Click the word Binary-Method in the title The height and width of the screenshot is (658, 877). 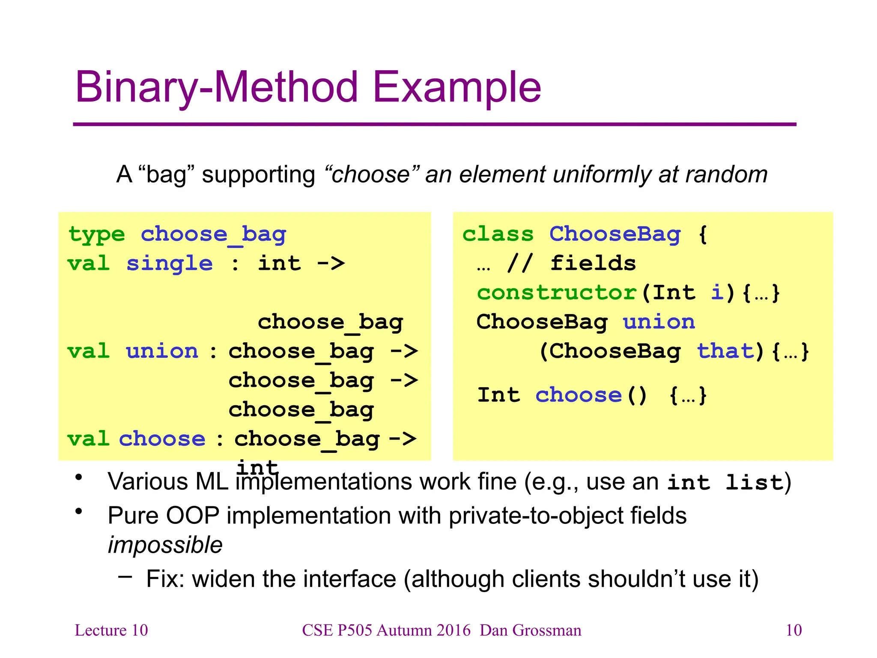coord(216,88)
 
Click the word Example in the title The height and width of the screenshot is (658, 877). coord(457,88)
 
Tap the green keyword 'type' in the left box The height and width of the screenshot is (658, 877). coord(97,235)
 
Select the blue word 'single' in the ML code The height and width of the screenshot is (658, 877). coord(170,263)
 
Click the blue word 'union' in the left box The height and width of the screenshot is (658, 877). coord(162,351)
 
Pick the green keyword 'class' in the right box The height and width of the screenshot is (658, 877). coord(498,234)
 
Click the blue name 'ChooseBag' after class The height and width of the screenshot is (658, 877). coord(615,234)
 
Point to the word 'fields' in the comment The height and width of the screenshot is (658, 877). coord(593,263)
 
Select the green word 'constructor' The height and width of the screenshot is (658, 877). coord(557,293)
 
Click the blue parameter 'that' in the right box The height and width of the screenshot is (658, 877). coord(725,351)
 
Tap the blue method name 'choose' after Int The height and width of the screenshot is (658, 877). coord(579,395)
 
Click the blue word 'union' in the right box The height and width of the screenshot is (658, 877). coord(659,322)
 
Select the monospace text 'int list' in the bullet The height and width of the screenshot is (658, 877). coord(725,482)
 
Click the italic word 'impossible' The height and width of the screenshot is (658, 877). coord(165,545)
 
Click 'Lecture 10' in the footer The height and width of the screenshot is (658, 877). coord(111,630)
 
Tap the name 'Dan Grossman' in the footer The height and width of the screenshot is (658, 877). coord(531,630)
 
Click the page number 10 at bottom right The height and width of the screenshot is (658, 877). coord(793,630)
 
